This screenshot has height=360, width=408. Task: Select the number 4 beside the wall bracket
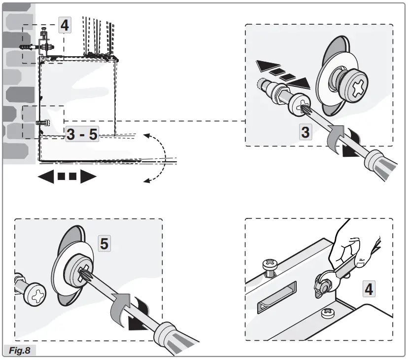coord(65,25)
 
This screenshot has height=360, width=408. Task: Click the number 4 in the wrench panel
coord(368,288)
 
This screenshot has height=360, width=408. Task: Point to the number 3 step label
coord(306,132)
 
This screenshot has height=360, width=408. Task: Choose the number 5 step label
coord(104,243)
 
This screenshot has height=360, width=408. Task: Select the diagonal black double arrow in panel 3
coord(283,72)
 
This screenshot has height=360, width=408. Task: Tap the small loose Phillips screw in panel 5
coord(32,296)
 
